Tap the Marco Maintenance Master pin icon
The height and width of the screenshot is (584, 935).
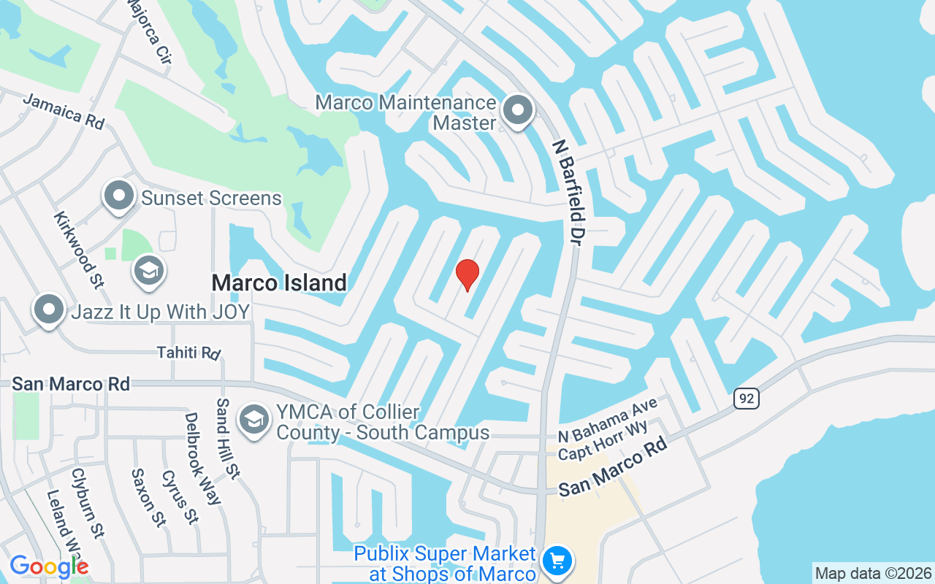point(519,112)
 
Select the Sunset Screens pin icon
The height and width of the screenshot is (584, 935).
point(118,196)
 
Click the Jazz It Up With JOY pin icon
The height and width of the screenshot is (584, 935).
point(49,310)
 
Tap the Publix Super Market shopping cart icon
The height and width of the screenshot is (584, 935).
point(558,561)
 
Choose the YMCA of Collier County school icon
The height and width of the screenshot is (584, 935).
point(254,420)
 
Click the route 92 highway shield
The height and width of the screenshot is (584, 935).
point(747,399)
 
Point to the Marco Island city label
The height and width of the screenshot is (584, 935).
point(279,283)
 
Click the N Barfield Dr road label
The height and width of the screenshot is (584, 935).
point(567,192)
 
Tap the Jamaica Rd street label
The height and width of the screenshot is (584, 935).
point(64,111)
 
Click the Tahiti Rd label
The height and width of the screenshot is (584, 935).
point(188,353)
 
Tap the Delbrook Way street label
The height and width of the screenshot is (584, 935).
point(202,458)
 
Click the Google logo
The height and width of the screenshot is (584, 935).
point(49,566)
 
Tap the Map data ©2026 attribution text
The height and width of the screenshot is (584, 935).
point(873,573)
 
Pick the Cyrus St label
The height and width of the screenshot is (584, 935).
point(179,496)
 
